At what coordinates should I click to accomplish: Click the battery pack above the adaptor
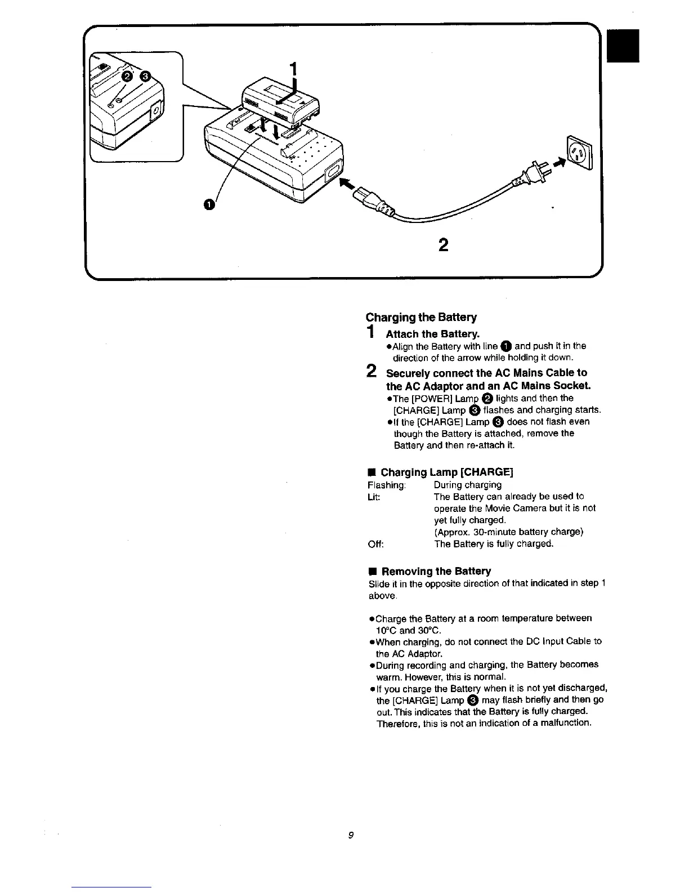pos(279,102)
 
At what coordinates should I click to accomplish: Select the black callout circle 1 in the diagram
pos(209,204)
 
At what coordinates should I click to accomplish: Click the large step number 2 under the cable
pos(444,246)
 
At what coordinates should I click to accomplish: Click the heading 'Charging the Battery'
pos(421,317)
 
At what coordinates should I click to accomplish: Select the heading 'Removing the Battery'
pos(435,571)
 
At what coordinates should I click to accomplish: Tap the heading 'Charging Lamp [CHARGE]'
pos(447,472)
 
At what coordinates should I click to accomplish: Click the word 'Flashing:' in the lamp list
pos(386,485)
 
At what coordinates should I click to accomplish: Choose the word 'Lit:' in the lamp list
pos(374,497)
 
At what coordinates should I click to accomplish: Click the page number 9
pos(350,835)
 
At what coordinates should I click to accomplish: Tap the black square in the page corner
pos(624,46)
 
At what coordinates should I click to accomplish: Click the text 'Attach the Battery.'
pos(432,334)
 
